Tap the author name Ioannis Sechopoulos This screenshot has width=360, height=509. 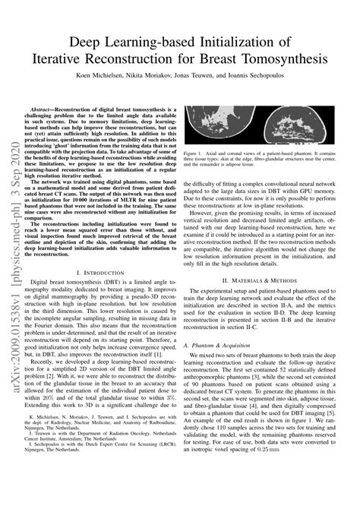(x=280, y=77)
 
